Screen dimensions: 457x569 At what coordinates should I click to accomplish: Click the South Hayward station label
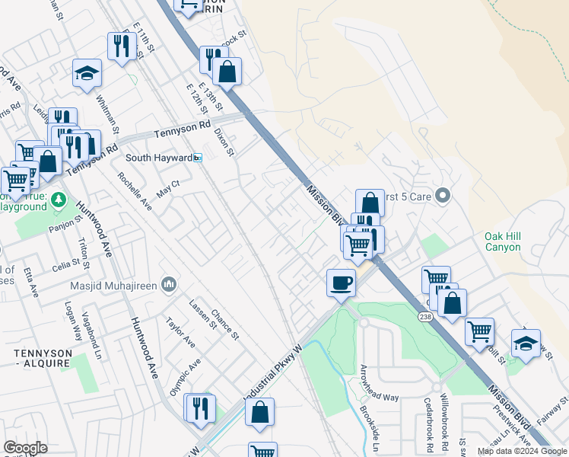tap(158, 158)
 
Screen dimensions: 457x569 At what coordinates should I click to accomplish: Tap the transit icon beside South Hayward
tap(198, 158)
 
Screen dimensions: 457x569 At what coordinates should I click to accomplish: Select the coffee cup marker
tap(341, 282)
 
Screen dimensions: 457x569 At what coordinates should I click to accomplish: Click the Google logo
tap(25, 448)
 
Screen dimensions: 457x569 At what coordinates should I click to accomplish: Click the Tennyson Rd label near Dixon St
tap(182, 131)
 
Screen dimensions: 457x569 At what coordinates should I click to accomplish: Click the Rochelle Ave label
tap(135, 191)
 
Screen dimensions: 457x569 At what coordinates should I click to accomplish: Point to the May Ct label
tap(167, 188)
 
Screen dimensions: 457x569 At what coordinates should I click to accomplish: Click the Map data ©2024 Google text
tap(522, 451)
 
